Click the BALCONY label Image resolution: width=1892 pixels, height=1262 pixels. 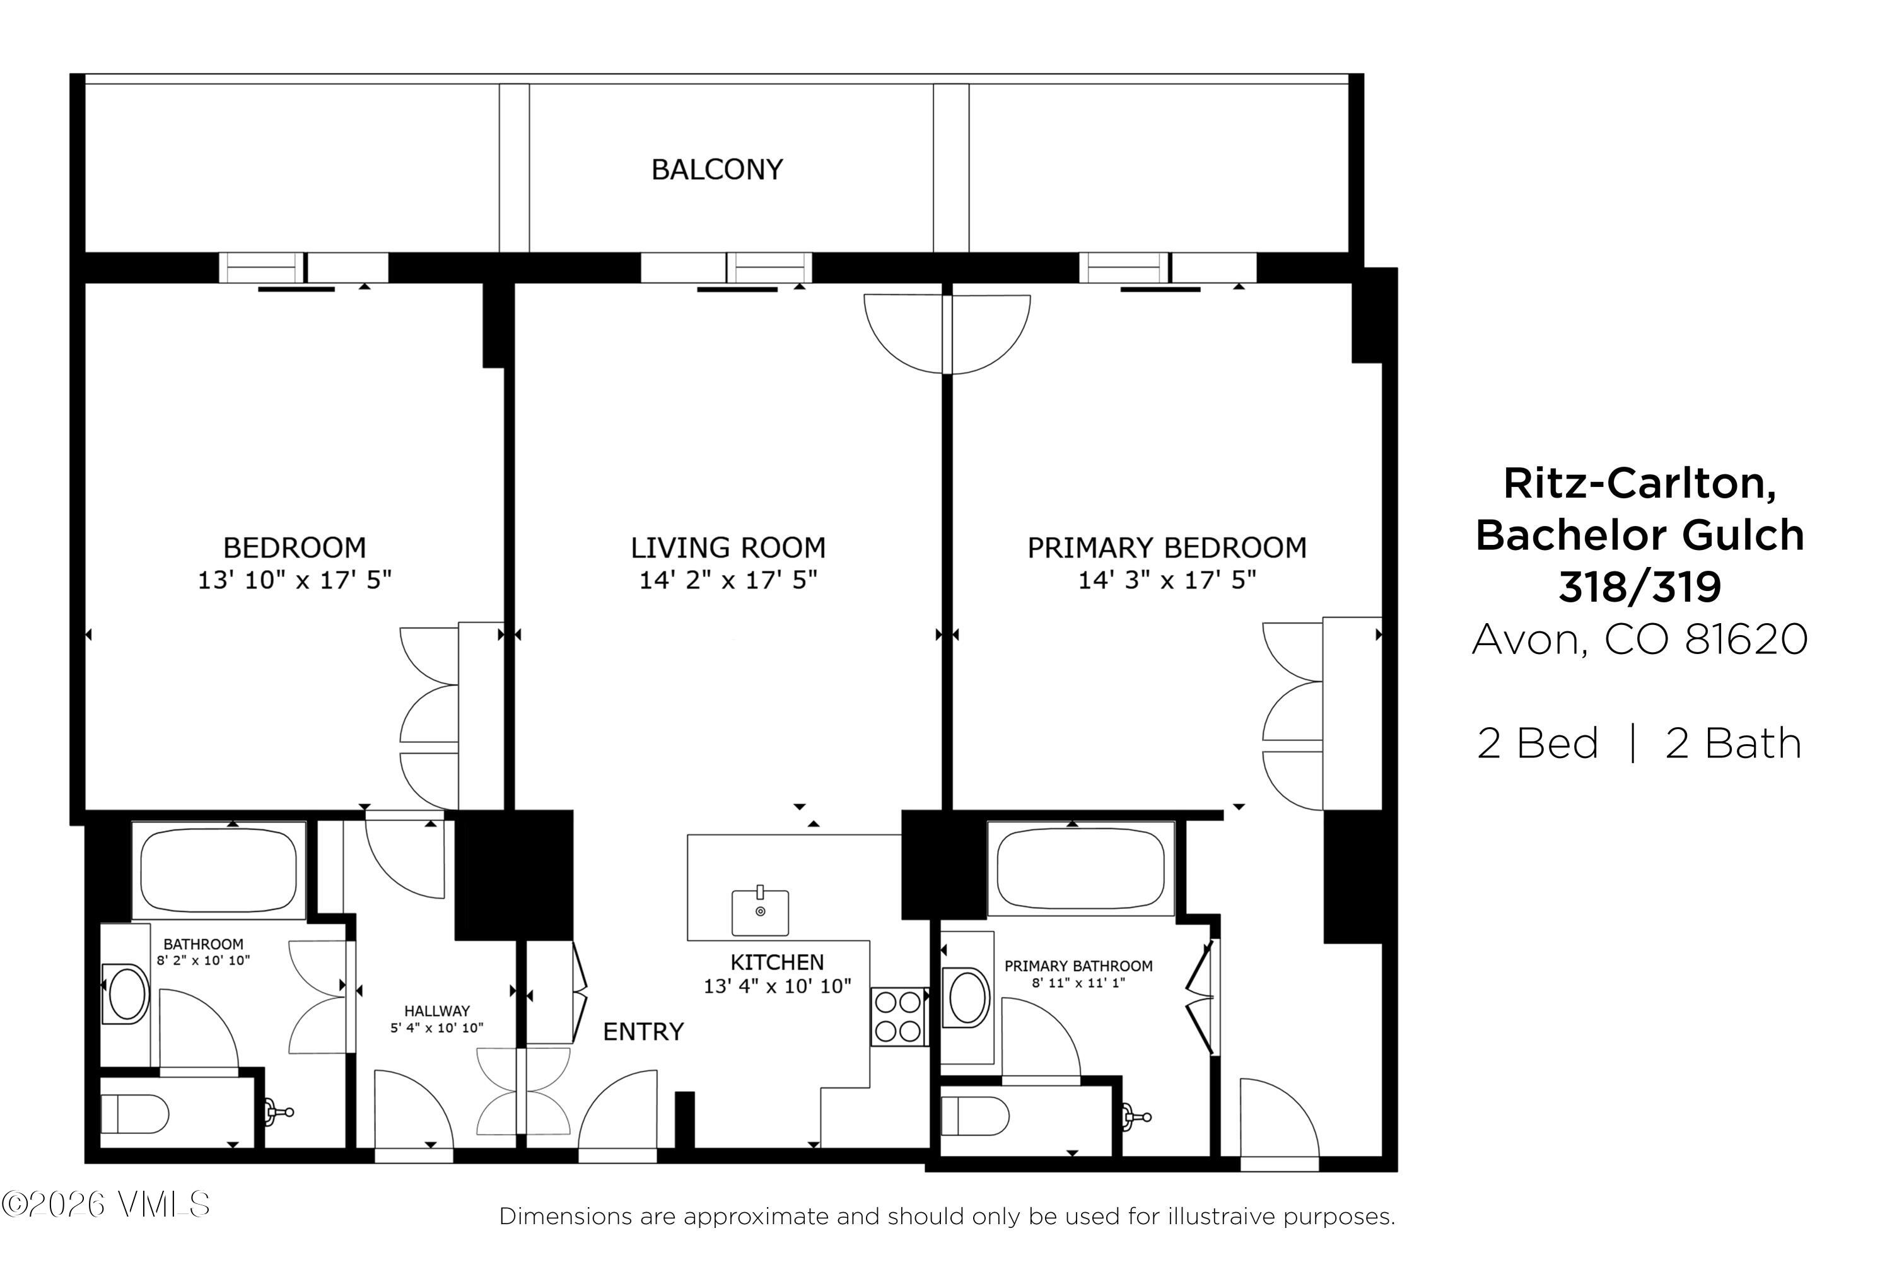pyautogui.click(x=716, y=170)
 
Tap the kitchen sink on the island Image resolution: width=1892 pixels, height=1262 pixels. pyautogui.click(x=760, y=912)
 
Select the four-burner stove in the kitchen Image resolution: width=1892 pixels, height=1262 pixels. pyautogui.click(x=897, y=1017)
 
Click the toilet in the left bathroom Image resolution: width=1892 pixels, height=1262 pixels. pyautogui.click(x=134, y=1114)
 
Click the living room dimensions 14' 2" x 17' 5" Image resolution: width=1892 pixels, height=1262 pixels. pyautogui.click(x=728, y=580)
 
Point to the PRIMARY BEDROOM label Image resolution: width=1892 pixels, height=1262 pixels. pyautogui.click(x=1166, y=548)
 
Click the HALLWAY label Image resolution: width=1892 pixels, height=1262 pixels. pyautogui.click(x=436, y=1011)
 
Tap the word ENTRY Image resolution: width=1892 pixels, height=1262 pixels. pyautogui.click(x=643, y=1032)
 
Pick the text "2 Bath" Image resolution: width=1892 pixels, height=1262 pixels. pyautogui.click(x=1732, y=743)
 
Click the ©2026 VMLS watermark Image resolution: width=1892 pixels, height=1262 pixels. pyautogui.click(x=105, y=1205)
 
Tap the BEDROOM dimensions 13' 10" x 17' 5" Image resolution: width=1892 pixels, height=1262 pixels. pyautogui.click(x=295, y=580)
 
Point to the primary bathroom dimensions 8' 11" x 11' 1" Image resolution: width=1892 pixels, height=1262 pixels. pyautogui.click(x=1078, y=983)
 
